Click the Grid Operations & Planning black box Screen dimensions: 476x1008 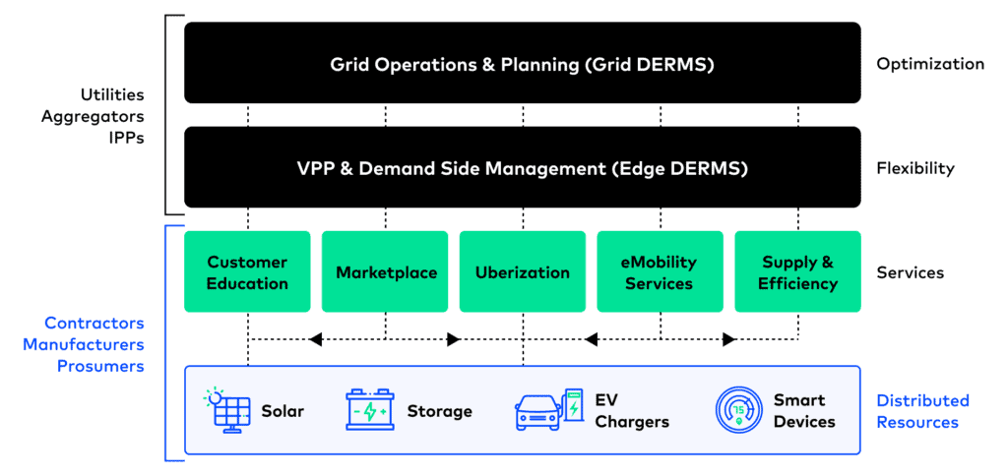522,64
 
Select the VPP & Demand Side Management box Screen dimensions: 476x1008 522,168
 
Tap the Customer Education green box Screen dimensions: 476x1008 247,272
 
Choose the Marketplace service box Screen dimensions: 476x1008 385,272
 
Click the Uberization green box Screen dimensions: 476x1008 522,272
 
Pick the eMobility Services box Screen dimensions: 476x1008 659,272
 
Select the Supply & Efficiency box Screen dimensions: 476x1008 797,272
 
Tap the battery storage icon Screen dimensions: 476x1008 370,410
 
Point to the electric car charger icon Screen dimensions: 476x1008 548,410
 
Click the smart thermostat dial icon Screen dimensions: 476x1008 736,410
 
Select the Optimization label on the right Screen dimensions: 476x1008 929,64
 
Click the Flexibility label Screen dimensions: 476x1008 915,168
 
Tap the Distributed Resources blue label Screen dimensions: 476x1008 922,411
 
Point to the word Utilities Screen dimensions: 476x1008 112,95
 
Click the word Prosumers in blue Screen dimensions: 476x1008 101,366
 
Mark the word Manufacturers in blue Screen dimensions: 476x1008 84,344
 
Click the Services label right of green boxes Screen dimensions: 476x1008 910,272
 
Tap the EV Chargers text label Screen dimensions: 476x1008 631,411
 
